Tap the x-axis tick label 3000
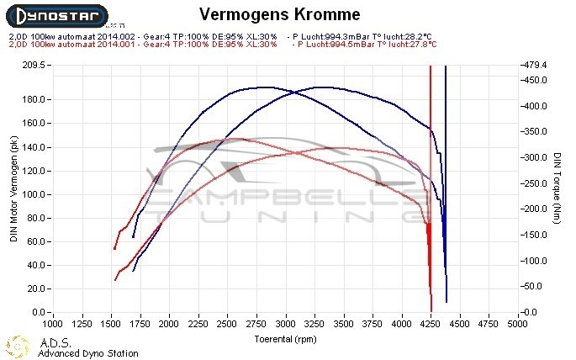point(287,323)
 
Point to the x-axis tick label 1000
point(53,323)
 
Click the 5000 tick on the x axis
point(520,323)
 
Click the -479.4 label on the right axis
point(536,65)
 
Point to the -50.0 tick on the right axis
point(535,287)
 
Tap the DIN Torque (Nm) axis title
point(558,189)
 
